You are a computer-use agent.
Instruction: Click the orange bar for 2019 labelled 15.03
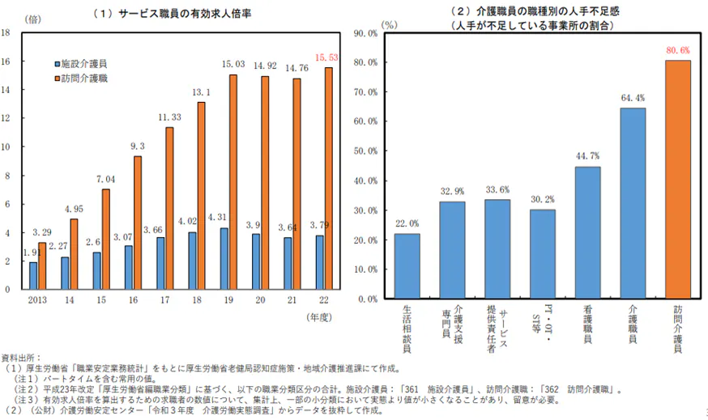pos(232,182)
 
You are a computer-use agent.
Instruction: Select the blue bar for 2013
pos(33,275)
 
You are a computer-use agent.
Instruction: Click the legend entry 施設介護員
pos(85,63)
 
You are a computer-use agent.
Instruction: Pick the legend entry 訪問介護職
pos(85,78)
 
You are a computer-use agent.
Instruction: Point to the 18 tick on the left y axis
pos(6,32)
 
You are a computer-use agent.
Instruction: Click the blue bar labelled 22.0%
pos(407,266)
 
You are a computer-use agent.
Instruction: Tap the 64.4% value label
pos(633,99)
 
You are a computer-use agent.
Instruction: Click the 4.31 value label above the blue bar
pos(217,218)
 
